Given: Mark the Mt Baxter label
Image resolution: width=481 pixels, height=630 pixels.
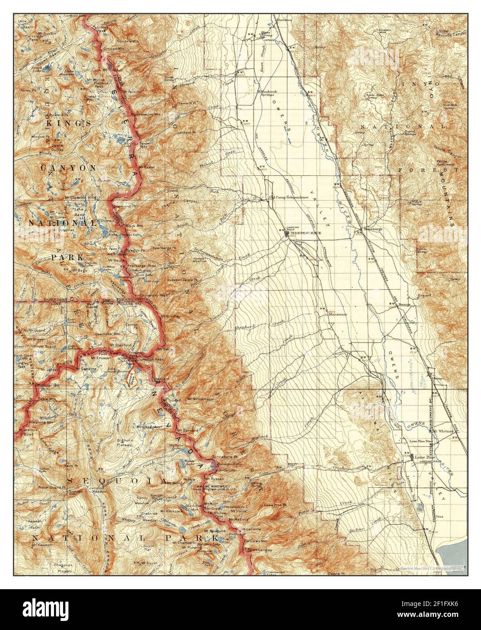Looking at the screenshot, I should [x=147, y=166].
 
